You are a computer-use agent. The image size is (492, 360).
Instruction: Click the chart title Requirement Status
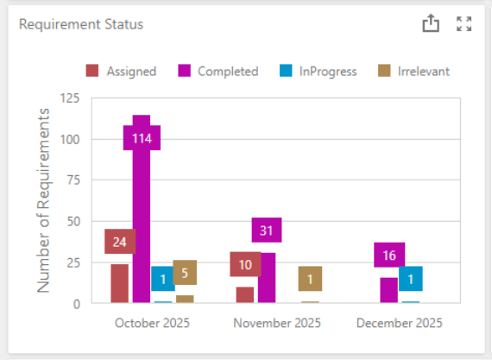pyautogui.click(x=81, y=24)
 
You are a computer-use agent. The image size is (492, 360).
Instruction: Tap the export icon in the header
pyautogui.click(x=431, y=24)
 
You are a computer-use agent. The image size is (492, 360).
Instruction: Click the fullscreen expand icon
pyautogui.click(x=464, y=24)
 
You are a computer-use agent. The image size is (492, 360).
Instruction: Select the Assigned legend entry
pyautogui.click(x=121, y=72)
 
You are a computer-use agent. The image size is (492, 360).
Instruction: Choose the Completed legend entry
pyautogui.click(x=218, y=72)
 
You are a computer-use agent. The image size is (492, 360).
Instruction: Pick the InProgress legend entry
pyautogui.click(x=318, y=72)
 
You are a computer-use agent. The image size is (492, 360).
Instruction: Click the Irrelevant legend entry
pyautogui.click(x=413, y=72)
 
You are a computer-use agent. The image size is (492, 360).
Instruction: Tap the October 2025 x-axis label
pyautogui.click(x=152, y=323)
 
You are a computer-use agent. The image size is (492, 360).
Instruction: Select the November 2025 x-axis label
pyautogui.click(x=277, y=323)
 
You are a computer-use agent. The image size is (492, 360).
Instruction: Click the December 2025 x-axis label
pyautogui.click(x=400, y=323)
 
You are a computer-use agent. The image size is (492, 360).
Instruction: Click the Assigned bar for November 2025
pyautogui.click(x=245, y=294)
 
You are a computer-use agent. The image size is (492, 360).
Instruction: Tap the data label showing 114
pyautogui.click(x=142, y=137)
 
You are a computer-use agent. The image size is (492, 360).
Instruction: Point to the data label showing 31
pyautogui.click(x=267, y=230)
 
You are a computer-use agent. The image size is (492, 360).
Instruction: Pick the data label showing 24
pyautogui.click(x=120, y=242)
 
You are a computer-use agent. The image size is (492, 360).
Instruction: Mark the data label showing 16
pyautogui.click(x=389, y=255)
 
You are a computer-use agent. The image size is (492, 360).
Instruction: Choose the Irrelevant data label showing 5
pyautogui.click(x=185, y=273)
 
